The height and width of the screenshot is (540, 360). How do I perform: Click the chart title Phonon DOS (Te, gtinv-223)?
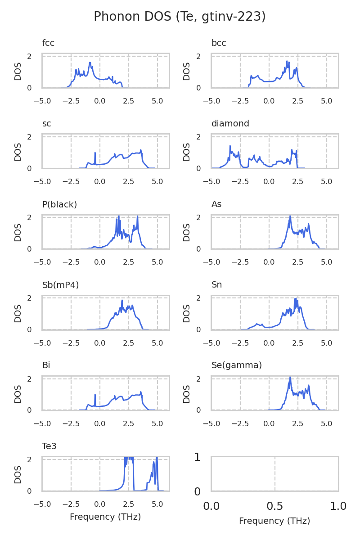coord(180,17)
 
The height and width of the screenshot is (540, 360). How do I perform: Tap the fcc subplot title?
coord(48,43)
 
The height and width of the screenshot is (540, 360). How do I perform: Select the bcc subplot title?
coord(219,43)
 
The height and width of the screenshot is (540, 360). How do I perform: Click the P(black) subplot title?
coord(59,204)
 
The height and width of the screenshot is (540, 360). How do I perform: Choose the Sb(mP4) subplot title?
coord(60,285)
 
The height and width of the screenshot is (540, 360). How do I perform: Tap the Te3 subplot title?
coord(49,446)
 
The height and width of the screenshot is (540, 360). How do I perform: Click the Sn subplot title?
coord(216,285)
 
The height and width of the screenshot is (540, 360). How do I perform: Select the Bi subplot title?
coord(46,365)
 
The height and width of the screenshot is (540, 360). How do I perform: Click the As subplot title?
coord(216,204)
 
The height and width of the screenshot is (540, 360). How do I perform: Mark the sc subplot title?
coord(47,124)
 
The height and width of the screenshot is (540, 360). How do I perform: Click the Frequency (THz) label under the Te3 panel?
coord(105,517)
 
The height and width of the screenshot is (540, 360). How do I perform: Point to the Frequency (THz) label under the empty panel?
coord(274,521)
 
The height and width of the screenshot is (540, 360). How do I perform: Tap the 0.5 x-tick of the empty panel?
coord(275,506)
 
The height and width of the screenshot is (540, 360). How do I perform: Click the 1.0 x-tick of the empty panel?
coord(338,506)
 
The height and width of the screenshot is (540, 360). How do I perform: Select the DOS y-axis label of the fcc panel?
coord(18,71)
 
